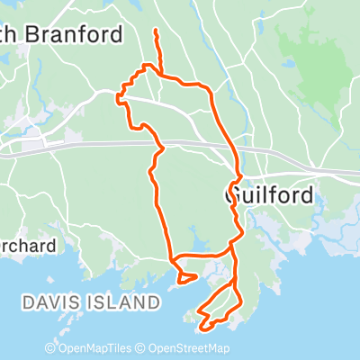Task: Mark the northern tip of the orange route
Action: pos(157,31)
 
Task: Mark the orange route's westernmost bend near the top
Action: pos(118,97)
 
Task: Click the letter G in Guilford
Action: pos(231,194)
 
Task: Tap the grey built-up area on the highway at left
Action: pos(34,145)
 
